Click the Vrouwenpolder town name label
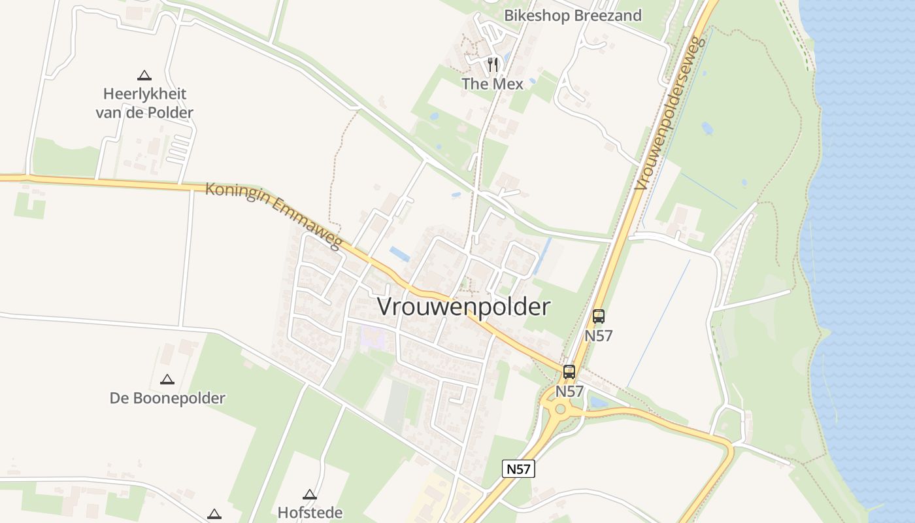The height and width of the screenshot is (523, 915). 464,307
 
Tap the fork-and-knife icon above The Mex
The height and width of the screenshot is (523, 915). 493,65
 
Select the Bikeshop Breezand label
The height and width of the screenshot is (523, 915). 573,15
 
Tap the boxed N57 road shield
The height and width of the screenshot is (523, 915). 518,468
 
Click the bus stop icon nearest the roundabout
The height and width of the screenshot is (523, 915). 569,372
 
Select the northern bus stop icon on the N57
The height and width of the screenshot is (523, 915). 598,317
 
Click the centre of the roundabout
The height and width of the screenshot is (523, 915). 559,410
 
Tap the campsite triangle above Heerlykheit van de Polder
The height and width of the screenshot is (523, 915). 144,75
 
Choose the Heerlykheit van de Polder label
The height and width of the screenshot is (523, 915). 144,103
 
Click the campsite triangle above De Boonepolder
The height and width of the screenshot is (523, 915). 167,379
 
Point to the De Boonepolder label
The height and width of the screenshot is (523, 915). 167,398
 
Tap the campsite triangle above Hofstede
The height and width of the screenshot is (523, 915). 310,494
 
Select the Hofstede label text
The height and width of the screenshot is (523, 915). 310,512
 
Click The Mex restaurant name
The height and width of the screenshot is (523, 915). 493,84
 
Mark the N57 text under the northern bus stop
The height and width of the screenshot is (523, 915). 598,335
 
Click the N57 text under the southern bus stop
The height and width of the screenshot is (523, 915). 569,391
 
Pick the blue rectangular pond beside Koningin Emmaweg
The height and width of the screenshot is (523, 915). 399,254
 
